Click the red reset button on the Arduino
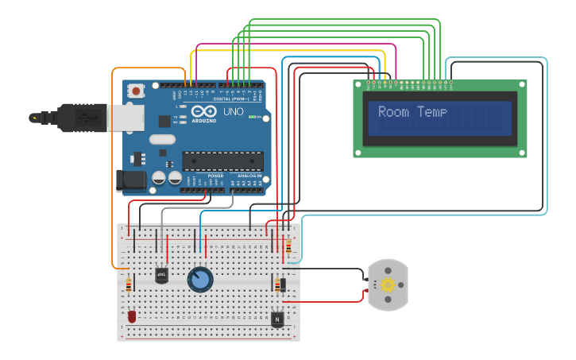click(137, 91)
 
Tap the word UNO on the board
click(233, 111)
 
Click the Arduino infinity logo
click(203, 111)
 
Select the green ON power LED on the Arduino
click(252, 118)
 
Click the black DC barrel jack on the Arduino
click(130, 181)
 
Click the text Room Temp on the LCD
click(412, 112)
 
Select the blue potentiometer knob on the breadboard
click(200, 280)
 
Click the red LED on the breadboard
click(132, 315)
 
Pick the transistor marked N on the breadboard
click(276, 319)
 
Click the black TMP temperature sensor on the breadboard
click(161, 276)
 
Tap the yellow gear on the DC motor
click(388, 285)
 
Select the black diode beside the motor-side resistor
click(282, 285)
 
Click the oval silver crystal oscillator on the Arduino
click(161, 140)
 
